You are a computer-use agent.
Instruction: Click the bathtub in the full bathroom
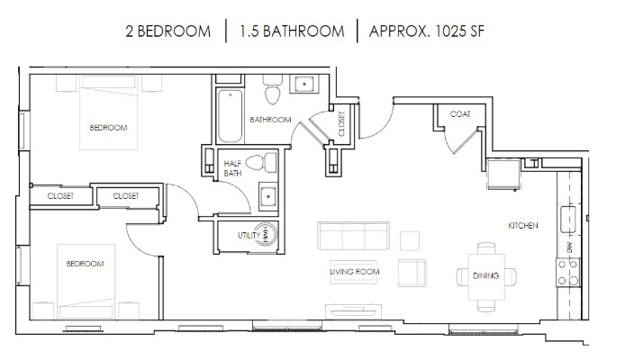(231, 114)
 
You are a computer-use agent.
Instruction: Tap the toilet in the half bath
(258, 164)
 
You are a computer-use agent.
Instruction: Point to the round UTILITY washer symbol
(267, 234)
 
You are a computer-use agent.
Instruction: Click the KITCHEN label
(522, 225)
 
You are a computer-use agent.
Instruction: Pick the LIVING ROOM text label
(354, 271)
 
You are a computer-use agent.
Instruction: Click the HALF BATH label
(233, 168)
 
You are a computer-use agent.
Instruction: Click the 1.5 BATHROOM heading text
(292, 31)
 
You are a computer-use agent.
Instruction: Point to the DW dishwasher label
(569, 245)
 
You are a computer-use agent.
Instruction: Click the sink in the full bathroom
(304, 86)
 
